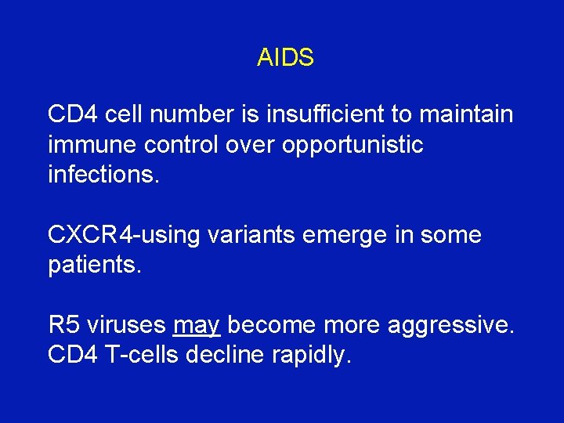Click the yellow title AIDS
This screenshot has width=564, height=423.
[x=285, y=57]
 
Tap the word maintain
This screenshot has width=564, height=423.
[x=466, y=114]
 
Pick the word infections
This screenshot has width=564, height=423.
[x=103, y=174]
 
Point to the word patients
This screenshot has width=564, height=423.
[x=95, y=264]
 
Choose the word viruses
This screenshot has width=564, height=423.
[x=127, y=324]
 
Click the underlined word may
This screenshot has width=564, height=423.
[x=197, y=324]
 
